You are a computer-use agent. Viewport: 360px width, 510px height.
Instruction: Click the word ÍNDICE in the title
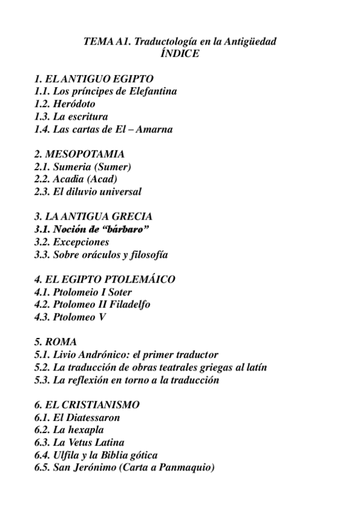180,54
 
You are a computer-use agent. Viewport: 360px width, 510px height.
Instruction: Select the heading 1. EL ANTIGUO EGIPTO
94,79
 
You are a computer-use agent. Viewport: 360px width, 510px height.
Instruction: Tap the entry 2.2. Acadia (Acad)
76,179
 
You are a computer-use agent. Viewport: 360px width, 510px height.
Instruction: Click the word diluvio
88,192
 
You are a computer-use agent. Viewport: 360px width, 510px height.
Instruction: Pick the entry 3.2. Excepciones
72,242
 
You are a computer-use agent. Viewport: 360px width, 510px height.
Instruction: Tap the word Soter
117,292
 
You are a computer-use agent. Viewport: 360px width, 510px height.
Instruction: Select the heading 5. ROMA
56,342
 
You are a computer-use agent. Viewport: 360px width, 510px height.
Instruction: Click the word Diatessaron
94,417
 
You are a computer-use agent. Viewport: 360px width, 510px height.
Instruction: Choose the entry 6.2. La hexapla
69,430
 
